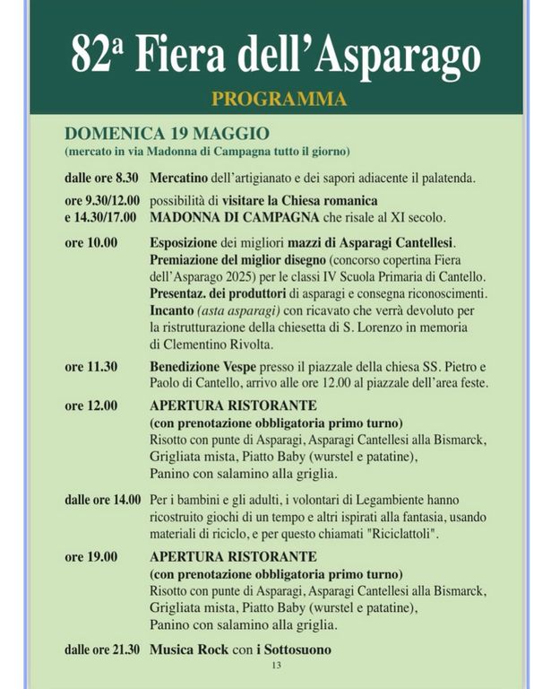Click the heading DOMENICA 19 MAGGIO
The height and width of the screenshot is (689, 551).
167,134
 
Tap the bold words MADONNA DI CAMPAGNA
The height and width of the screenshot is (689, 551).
222,217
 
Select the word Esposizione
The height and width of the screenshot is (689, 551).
185,242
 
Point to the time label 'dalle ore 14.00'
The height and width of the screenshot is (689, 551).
103,500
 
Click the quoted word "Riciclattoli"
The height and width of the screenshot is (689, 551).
399,534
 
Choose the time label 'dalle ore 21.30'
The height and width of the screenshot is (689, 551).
103,650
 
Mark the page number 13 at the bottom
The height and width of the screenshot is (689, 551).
276,666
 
